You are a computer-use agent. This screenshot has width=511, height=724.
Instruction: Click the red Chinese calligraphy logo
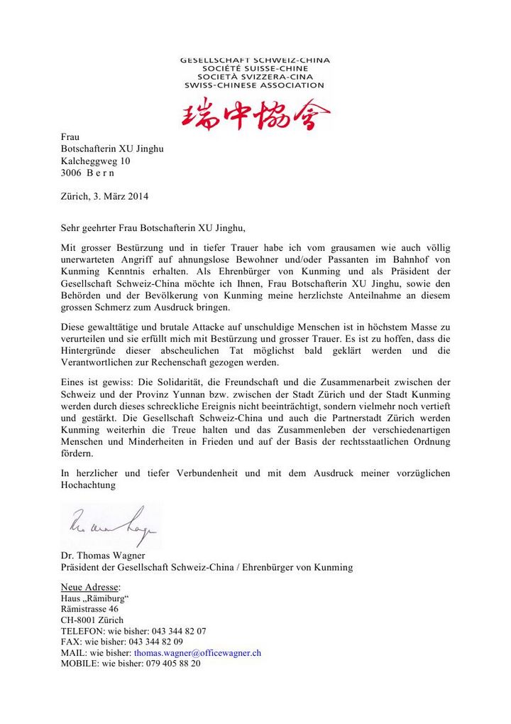click(255, 114)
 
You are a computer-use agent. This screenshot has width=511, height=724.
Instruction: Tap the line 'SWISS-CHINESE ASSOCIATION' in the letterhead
click(254, 85)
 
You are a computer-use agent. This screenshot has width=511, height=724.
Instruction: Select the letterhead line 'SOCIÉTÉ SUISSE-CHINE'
click(254, 68)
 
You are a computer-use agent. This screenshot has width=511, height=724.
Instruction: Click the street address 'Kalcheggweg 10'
click(95, 161)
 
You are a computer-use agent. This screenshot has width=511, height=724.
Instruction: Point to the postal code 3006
click(72, 173)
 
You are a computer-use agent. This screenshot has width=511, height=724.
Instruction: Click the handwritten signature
click(111, 526)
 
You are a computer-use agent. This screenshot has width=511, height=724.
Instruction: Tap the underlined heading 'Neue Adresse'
click(89, 587)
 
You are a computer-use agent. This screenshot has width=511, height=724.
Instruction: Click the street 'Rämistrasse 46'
click(89, 609)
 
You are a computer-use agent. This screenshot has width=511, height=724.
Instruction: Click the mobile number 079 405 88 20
click(173, 663)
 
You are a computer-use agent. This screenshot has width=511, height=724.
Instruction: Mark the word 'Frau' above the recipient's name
click(70, 136)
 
